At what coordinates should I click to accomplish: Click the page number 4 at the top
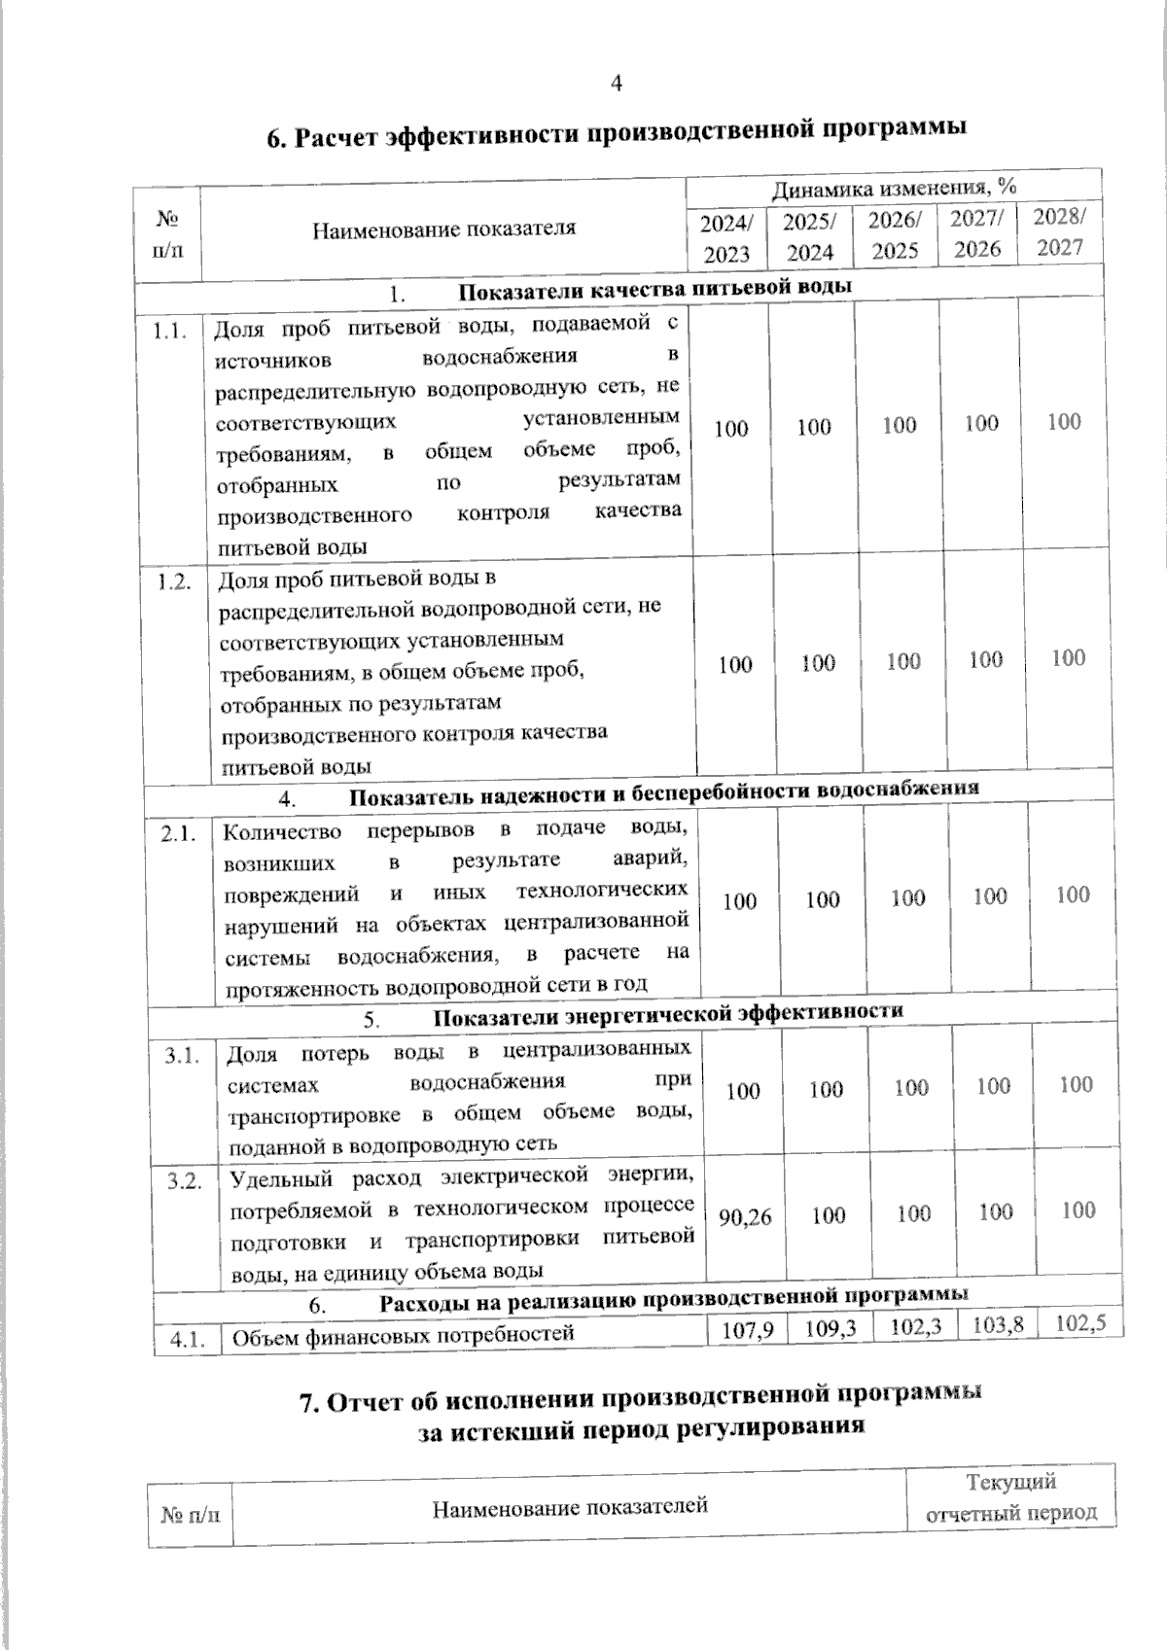615,84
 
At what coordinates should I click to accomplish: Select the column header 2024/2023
726,239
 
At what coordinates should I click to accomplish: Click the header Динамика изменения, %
895,187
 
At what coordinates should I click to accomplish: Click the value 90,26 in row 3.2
745,1216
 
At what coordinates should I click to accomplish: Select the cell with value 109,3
831,1327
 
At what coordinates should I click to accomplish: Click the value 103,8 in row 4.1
996,1323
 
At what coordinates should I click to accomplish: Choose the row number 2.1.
179,834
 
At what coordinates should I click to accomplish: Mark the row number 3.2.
184,1181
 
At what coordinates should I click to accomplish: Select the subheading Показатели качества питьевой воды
654,289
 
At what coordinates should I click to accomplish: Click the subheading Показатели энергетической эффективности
667,1013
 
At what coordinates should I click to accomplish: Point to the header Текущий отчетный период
1011,1497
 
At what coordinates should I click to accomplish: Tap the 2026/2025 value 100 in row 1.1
900,425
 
